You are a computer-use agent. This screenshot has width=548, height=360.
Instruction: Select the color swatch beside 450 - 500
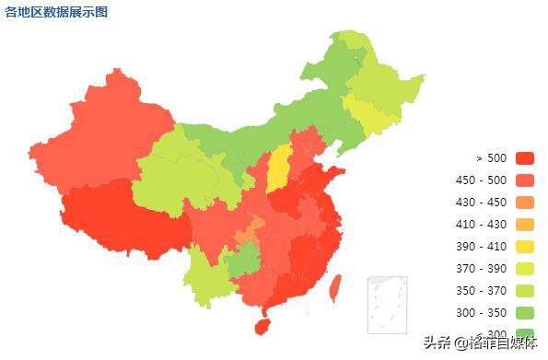click(525, 180)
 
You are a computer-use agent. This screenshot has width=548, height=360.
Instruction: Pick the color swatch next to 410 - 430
click(525, 225)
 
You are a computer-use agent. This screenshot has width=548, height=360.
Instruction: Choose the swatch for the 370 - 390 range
click(525, 269)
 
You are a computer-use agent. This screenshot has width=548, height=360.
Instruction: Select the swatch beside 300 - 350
click(525, 313)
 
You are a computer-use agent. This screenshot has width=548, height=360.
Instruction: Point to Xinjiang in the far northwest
click(106, 129)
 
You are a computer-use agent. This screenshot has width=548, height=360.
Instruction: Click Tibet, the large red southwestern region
click(120, 216)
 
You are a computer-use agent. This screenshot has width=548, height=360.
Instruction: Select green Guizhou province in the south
click(242, 263)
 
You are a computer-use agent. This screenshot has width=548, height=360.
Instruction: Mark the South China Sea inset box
click(387, 304)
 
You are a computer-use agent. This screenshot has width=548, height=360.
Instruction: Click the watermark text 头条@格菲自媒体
click(481, 343)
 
